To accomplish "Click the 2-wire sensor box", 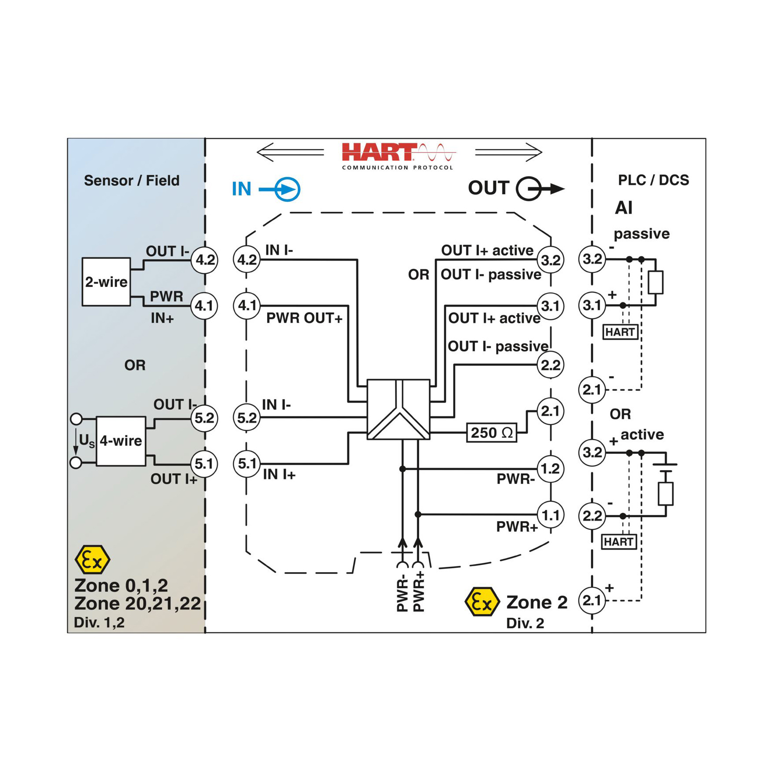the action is [106, 282].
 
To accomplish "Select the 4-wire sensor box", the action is [121, 441].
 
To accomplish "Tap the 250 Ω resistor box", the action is [492, 433].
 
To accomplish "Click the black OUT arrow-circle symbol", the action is [540, 189].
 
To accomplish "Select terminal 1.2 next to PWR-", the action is [551, 469].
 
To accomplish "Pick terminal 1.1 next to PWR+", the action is [551, 515].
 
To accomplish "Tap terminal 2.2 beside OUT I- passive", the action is [551, 365].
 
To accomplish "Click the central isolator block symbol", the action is [398, 409].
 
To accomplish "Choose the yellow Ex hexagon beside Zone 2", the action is [482, 602].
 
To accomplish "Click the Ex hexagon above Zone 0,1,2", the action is [92, 559].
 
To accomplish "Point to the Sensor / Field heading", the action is [132, 181].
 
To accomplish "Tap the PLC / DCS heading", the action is [653, 180].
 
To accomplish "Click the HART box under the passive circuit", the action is [620, 332].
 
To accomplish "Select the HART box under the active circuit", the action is [619, 542].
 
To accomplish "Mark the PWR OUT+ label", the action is [304, 318].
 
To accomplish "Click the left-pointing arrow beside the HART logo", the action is [290, 152].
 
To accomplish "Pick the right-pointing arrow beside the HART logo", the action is [509, 152].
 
